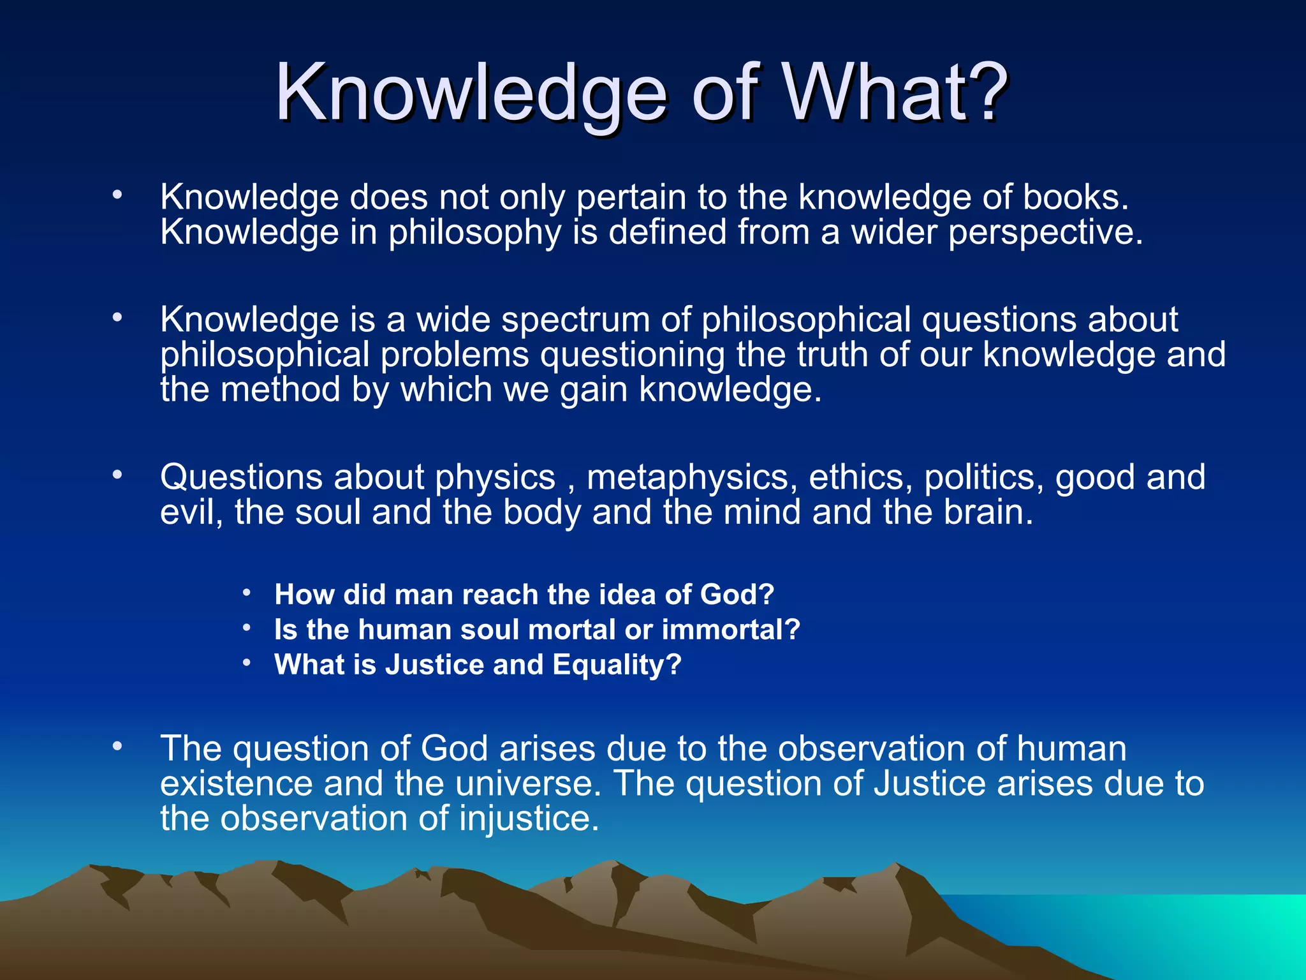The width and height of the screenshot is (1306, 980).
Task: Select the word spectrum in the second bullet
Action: point(575,320)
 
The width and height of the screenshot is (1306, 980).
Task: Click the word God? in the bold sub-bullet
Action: point(737,595)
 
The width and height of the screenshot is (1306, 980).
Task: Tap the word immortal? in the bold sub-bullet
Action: point(731,630)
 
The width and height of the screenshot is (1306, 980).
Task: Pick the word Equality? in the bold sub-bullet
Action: point(617,665)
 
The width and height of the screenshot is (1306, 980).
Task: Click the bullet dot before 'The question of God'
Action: point(117,746)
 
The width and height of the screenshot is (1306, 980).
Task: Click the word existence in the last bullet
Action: point(236,783)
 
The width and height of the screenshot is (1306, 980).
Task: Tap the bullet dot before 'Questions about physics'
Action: point(117,475)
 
